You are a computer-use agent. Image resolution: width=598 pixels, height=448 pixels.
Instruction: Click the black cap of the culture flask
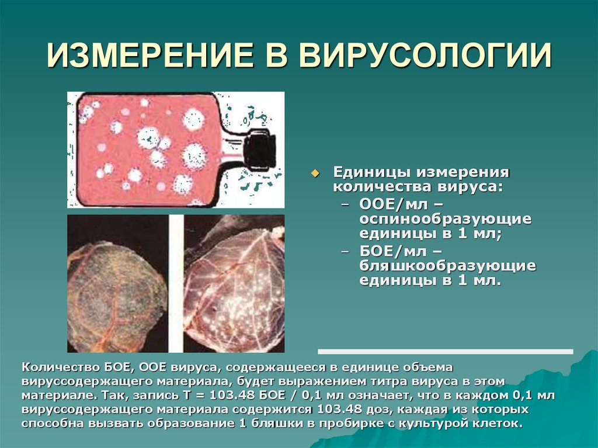coord(260,150)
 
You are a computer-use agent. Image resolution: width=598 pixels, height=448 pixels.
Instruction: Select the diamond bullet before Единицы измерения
coord(316,173)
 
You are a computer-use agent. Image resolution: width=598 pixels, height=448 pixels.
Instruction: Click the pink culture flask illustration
coord(152,149)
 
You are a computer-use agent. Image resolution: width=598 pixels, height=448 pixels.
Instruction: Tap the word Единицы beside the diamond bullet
coord(370,173)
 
